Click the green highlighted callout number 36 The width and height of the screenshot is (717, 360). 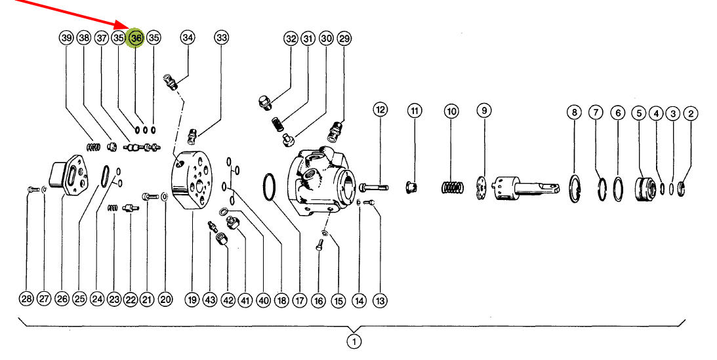pos(136,39)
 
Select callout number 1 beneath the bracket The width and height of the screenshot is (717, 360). pos(354,341)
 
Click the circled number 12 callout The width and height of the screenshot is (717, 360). pos(380,110)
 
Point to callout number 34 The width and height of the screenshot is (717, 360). pos(188,37)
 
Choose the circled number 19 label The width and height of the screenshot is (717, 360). pos(192,300)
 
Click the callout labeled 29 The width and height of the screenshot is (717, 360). pos(344,39)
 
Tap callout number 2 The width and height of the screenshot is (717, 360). pos(691,113)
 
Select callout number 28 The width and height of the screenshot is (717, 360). pos(26,299)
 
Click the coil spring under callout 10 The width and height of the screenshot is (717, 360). pos(453,188)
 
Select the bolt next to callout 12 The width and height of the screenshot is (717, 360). pos(374,188)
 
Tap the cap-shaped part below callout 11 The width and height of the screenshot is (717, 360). pos(411,187)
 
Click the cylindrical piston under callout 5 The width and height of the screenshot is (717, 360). pos(645,189)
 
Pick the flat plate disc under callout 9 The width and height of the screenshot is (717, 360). pos(481,188)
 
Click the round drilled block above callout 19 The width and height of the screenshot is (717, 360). pos(192,180)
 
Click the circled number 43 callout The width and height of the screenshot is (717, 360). pos(210,300)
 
